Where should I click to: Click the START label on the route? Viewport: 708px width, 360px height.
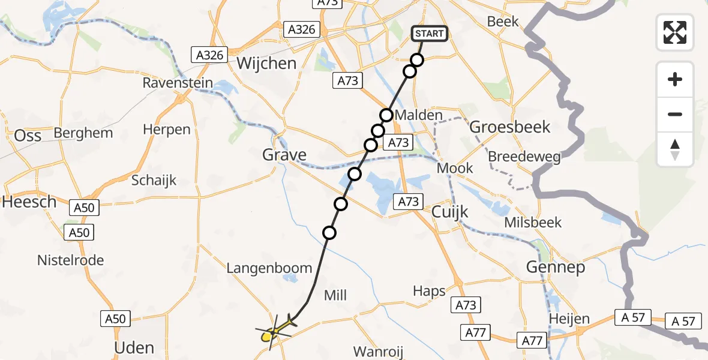[x=429, y=34]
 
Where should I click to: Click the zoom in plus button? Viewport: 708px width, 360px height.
[x=675, y=79]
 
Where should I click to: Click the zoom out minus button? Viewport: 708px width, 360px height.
[x=675, y=114]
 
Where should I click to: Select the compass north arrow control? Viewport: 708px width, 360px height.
[x=675, y=149]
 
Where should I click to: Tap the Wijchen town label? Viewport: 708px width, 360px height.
[x=267, y=63]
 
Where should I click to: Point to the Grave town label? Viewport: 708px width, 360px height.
[x=284, y=155]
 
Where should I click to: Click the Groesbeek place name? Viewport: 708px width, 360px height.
[x=509, y=127]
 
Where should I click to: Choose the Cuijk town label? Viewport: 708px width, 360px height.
[x=450, y=212]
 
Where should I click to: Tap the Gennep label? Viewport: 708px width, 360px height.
[x=555, y=267]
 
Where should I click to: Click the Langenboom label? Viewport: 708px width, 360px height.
[x=269, y=268]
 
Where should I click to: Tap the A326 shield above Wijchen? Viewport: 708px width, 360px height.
[x=301, y=29]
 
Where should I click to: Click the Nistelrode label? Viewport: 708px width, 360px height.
[x=70, y=260]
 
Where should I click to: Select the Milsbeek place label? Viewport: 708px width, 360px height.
[x=533, y=223]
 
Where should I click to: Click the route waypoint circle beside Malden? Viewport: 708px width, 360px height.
[x=386, y=115]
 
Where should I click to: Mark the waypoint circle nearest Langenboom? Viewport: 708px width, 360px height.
[x=329, y=233]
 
